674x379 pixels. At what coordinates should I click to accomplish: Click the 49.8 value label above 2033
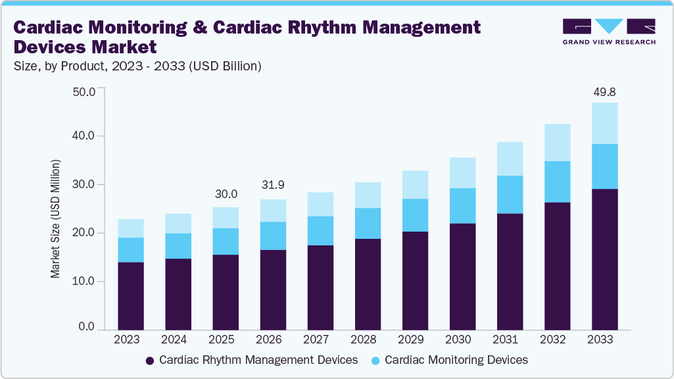pos(604,91)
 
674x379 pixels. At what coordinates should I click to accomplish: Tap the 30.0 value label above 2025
pos(226,195)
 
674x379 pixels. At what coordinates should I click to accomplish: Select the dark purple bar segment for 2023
pos(131,295)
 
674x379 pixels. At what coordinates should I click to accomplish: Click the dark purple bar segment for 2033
pos(604,259)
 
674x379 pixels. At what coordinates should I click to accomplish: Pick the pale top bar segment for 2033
pos(604,123)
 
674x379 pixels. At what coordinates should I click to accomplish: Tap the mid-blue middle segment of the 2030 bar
pos(462,206)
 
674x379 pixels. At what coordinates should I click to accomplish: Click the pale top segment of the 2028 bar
pos(368,195)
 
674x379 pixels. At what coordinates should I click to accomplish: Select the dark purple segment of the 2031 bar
pos(510,271)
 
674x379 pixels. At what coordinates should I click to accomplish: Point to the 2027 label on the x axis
pos(320,340)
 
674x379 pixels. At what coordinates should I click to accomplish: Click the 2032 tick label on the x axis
pos(557,340)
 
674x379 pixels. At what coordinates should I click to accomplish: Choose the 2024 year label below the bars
pos(178,340)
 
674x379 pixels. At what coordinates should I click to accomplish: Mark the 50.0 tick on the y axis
pos(84,91)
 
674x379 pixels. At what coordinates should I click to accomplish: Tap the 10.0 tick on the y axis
pos(84,281)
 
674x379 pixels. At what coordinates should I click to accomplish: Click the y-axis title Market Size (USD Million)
pos(56,218)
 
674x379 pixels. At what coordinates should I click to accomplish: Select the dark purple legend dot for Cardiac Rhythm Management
pos(150,361)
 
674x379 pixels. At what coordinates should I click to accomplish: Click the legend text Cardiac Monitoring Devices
pos(456,360)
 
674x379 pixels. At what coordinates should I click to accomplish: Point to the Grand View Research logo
pos(609,32)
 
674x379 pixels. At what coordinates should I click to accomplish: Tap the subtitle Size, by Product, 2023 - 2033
pos(137,66)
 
